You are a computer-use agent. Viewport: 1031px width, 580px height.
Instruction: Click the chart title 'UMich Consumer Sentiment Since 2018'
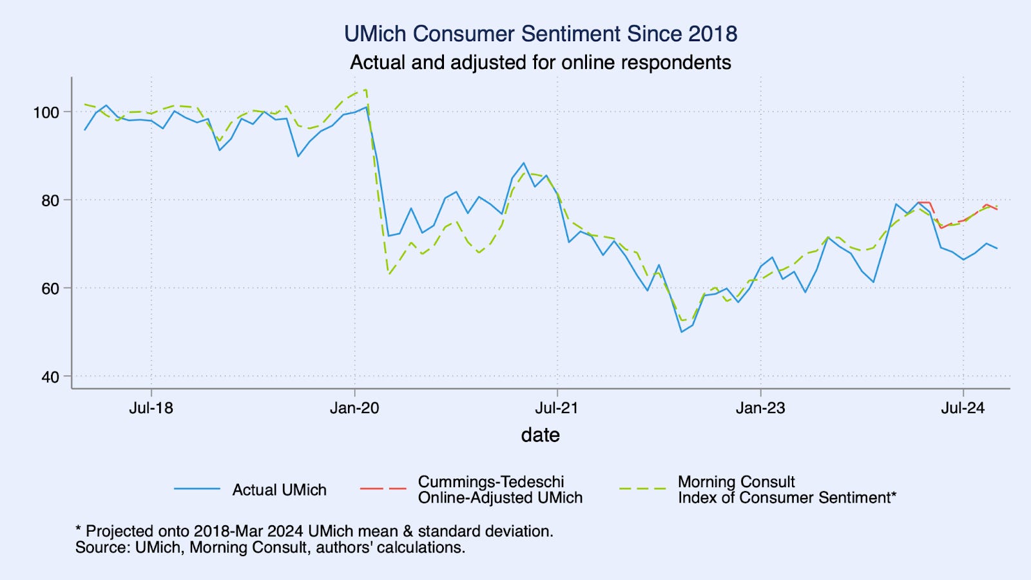click(x=540, y=34)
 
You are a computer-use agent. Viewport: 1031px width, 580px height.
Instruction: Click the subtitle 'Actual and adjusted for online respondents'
click(x=540, y=63)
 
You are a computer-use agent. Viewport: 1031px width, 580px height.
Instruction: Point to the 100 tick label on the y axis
click(x=46, y=112)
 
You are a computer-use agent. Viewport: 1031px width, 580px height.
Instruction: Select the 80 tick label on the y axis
click(x=50, y=200)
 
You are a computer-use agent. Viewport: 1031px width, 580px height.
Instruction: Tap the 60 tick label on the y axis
click(x=50, y=289)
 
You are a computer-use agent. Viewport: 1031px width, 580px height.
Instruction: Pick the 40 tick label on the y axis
click(x=50, y=377)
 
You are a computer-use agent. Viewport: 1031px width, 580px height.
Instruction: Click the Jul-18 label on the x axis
click(x=151, y=408)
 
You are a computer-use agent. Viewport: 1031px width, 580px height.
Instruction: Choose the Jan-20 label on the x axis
click(x=354, y=408)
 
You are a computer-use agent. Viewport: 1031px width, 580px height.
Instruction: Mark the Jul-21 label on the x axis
click(x=557, y=408)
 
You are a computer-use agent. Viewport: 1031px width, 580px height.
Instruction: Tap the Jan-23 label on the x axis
click(x=760, y=408)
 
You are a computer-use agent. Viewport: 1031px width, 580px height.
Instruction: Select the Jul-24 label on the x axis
click(x=963, y=408)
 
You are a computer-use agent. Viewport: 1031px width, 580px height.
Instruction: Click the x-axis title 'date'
click(x=540, y=435)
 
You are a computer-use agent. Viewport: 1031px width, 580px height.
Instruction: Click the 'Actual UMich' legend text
click(x=279, y=490)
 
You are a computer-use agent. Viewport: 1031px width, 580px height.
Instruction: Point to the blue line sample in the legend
click(x=197, y=489)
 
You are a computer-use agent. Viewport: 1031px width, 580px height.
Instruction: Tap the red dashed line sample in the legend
click(x=383, y=489)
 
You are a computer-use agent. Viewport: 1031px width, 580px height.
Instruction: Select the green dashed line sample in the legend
click(x=642, y=489)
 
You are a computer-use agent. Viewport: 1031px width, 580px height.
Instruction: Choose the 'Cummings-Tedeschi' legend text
click(x=491, y=482)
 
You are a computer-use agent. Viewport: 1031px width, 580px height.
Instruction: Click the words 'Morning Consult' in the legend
click(x=736, y=482)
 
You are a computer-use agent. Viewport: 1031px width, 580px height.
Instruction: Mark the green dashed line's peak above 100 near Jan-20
click(x=365, y=90)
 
